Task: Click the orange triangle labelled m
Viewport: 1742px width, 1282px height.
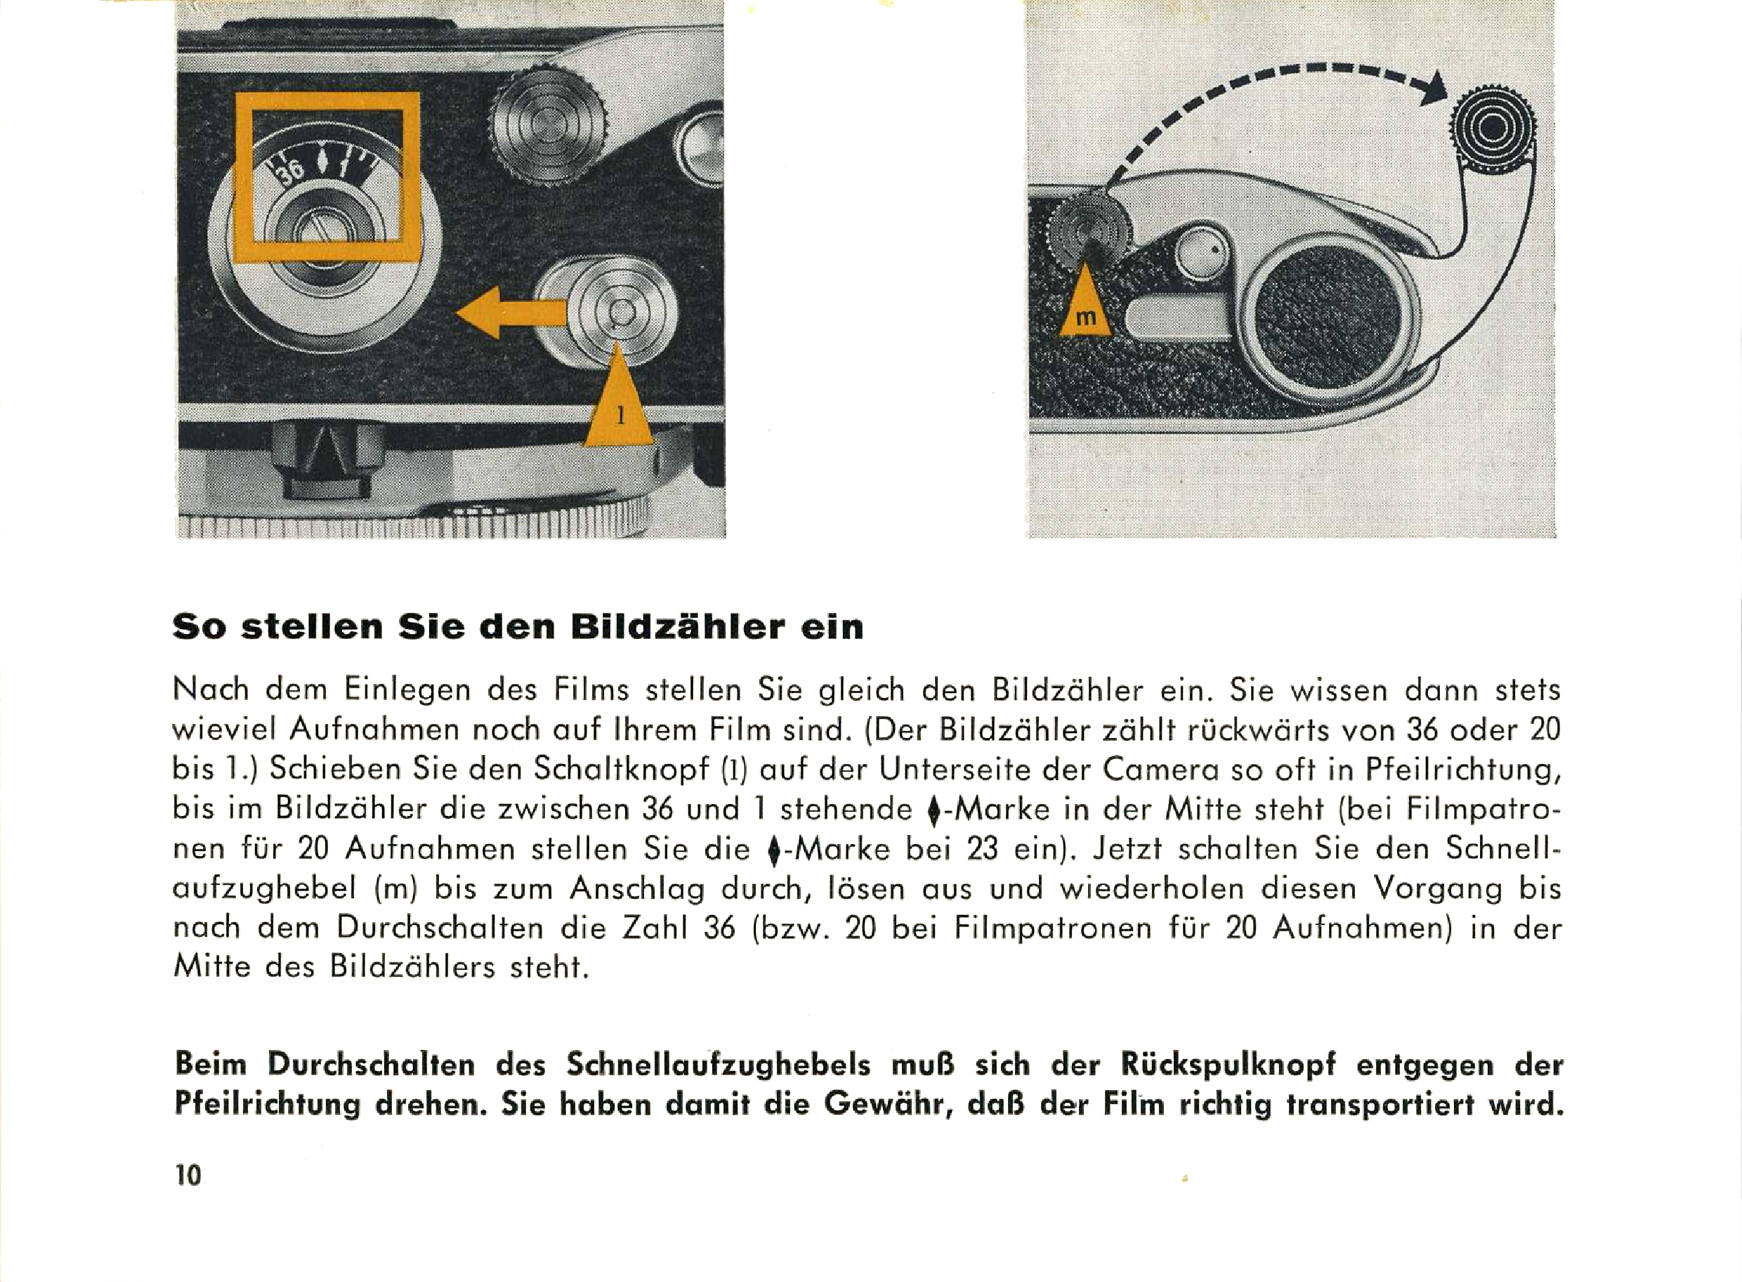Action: point(1086,306)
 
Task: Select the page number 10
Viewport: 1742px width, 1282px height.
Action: point(188,1175)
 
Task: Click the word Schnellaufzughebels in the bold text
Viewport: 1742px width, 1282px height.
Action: point(718,1066)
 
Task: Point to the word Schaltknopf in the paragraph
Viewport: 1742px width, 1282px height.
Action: point(621,769)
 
